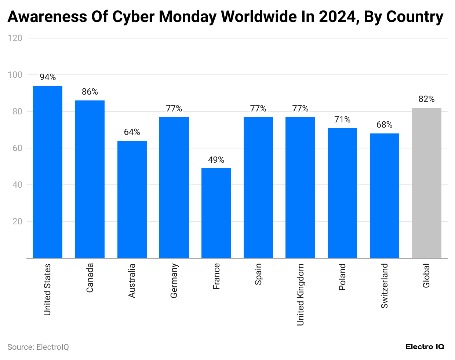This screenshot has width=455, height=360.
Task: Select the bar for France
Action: click(x=216, y=213)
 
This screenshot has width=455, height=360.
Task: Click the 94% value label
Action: click(x=48, y=77)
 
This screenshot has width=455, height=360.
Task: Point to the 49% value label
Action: click(x=216, y=160)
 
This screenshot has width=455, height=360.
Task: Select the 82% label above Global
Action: click(x=426, y=99)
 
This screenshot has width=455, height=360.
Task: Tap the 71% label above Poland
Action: click(x=342, y=120)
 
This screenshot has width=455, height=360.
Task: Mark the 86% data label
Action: click(x=90, y=92)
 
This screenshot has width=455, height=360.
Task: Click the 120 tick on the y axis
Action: click(x=15, y=38)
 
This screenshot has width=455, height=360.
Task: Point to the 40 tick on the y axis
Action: click(x=17, y=185)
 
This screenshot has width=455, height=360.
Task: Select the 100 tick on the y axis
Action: click(x=15, y=75)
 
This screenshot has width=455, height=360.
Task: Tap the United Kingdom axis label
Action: click(x=301, y=294)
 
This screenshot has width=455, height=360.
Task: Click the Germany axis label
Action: click(x=174, y=280)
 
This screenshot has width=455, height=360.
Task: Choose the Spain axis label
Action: click(x=258, y=274)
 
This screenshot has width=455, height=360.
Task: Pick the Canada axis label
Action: click(x=90, y=278)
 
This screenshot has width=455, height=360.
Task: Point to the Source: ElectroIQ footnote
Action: click(x=38, y=347)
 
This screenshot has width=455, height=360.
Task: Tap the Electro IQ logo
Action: click(x=425, y=347)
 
